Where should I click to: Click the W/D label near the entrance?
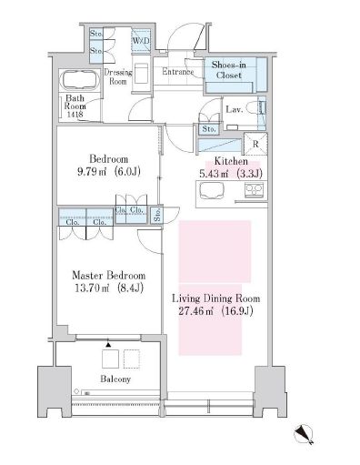pos(141,41)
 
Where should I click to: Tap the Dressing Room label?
pos(119,75)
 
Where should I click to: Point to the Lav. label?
pos(233,109)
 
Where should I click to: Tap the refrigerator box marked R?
pos(256,144)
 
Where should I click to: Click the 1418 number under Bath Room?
pos(75,115)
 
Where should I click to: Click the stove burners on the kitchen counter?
pos(252,191)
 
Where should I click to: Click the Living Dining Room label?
pos(215,298)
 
